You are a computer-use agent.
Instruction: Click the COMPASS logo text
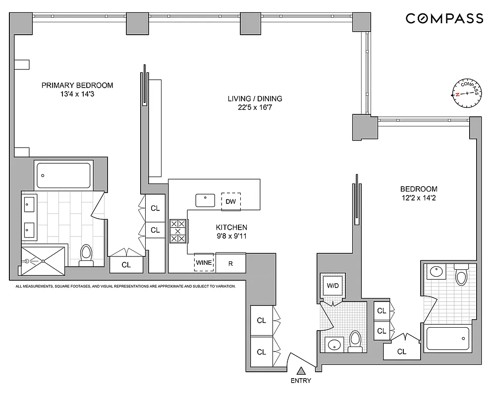tap(444, 18)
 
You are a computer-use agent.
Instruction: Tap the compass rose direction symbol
tap(467, 93)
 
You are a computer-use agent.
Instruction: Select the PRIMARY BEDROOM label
tap(77, 85)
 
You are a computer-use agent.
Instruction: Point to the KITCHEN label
tap(231, 227)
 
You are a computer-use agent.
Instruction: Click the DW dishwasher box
tap(230, 201)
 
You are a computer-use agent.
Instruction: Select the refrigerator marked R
tap(230, 262)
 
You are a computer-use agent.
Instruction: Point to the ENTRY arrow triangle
tap(301, 370)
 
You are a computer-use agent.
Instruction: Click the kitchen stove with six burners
tap(178, 231)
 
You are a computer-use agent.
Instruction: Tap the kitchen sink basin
tap(205, 200)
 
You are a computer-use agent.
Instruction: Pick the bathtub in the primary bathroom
tap(63, 175)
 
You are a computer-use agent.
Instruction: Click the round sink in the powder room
tap(333, 344)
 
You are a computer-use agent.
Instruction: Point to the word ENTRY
tap(301, 381)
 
